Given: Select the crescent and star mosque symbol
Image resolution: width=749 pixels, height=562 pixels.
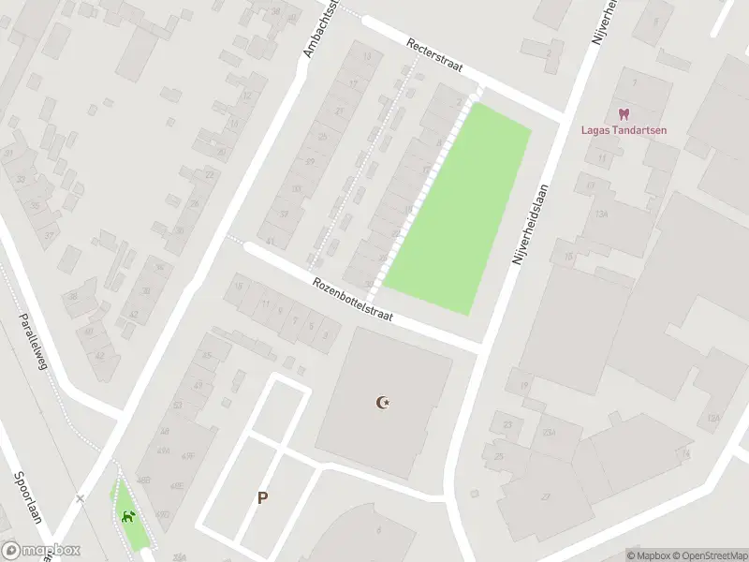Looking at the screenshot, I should point(382,403).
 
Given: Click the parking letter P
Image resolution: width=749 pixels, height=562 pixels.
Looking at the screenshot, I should point(263,498).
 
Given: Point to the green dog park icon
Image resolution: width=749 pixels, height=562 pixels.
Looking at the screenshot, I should point(128,516).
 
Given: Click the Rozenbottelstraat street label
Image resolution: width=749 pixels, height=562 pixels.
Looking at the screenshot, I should point(352,300).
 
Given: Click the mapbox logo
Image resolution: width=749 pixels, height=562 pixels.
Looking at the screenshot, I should point(40,551).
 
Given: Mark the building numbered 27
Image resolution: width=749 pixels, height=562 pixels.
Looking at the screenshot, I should point(545,496).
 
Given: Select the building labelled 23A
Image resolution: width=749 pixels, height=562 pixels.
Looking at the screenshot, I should point(549,432).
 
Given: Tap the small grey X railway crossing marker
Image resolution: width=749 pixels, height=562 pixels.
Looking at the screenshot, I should point(81,498).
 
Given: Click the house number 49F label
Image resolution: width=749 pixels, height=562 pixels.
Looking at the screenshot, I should point(189,456).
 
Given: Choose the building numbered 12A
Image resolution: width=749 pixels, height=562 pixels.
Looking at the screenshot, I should point(713,418).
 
